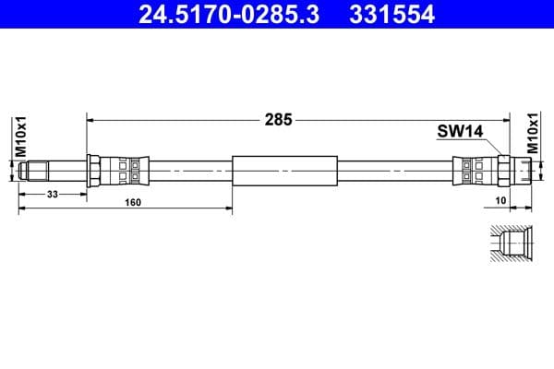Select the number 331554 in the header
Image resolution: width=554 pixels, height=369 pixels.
coord(388,14)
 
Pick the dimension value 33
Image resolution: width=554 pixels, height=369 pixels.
coord(52,193)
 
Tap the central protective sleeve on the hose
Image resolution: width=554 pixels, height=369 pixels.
coord(286,171)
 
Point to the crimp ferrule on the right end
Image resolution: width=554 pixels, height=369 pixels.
coord(471,171)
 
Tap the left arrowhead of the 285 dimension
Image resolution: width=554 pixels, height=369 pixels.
coord(90,118)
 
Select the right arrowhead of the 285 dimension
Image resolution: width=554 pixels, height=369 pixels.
coord(507,118)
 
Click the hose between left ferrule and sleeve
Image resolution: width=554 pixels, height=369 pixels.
coord(189,171)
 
